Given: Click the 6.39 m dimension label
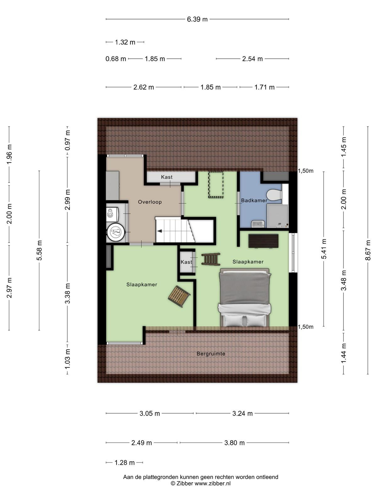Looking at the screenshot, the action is tap(197, 19).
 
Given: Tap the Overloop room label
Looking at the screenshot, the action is tap(150, 202).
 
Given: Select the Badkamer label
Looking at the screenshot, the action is tap(254, 200).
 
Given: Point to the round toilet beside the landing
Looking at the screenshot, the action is tap(116, 232).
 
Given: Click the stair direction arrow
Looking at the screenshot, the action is tap(159, 231).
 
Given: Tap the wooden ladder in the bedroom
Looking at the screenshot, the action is tap(211, 259).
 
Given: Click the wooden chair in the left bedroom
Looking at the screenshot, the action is tap(179, 296).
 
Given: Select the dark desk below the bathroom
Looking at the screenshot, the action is tap(264, 241).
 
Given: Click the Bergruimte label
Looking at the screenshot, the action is tap(211, 354).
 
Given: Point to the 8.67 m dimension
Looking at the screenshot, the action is tap(368, 250).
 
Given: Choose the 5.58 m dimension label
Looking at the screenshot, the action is tap(39, 250).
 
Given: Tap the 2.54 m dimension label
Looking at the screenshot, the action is tap(252, 59).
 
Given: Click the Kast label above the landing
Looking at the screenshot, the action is tap(167, 177).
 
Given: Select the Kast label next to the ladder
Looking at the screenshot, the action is tap(186, 262).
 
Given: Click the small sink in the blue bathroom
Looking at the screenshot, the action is tap(258, 224).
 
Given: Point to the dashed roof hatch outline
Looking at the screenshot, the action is tap(216, 185).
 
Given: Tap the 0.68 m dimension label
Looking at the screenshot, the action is tap(116, 59).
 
